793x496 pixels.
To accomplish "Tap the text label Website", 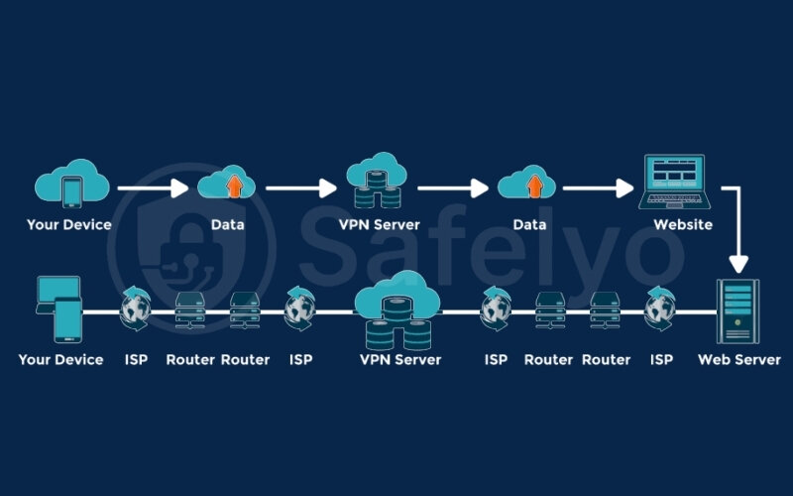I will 682,224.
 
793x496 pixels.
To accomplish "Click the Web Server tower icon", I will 738,310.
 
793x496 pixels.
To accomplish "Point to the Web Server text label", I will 738,359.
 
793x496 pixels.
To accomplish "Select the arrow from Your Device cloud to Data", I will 152,186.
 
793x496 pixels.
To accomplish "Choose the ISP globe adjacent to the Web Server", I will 661,310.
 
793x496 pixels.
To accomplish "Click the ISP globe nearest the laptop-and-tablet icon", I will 136,310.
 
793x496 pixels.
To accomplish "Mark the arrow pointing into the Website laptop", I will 597,186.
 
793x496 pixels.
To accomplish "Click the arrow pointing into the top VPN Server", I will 301,186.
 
